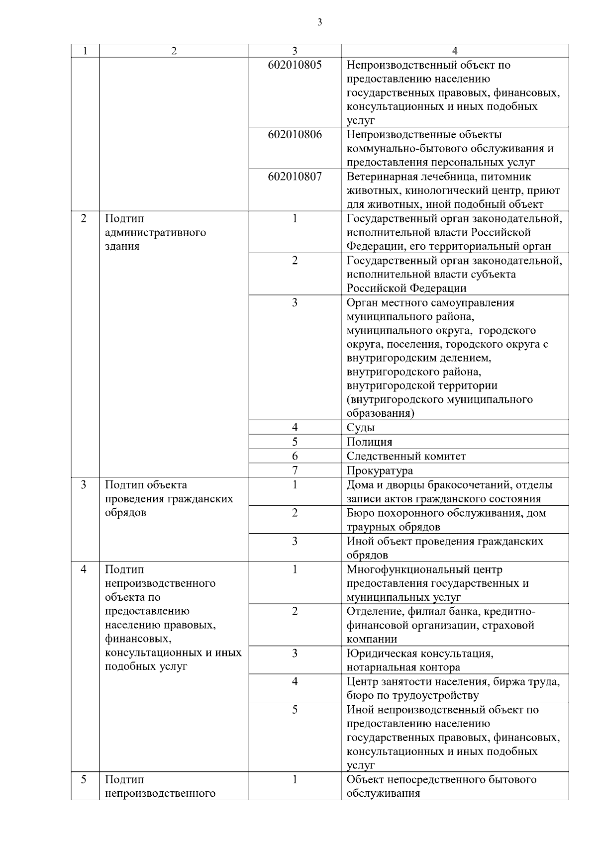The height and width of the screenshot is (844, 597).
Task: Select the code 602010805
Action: (x=295, y=65)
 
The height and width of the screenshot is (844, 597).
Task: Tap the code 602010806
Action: (x=295, y=135)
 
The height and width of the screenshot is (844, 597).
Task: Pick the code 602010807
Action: (x=295, y=177)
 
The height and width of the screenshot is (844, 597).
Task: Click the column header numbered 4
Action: (x=455, y=51)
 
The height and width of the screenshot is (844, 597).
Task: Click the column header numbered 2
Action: (x=174, y=51)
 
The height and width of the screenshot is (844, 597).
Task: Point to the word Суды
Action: (x=361, y=428)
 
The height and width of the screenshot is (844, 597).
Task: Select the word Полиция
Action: (x=369, y=442)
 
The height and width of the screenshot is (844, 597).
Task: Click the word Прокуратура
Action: (x=380, y=470)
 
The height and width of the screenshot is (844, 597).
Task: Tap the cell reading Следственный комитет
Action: (x=406, y=456)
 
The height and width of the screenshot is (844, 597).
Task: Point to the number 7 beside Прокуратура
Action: (x=295, y=470)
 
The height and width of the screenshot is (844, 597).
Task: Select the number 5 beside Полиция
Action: (x=295, y=442)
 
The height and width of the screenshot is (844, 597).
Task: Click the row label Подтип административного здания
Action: (x=155, y=232)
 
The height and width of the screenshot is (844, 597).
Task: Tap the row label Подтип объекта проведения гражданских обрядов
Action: (x=169, y=499)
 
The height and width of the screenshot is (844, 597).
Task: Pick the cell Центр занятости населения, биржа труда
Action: (x=453, y=688)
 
